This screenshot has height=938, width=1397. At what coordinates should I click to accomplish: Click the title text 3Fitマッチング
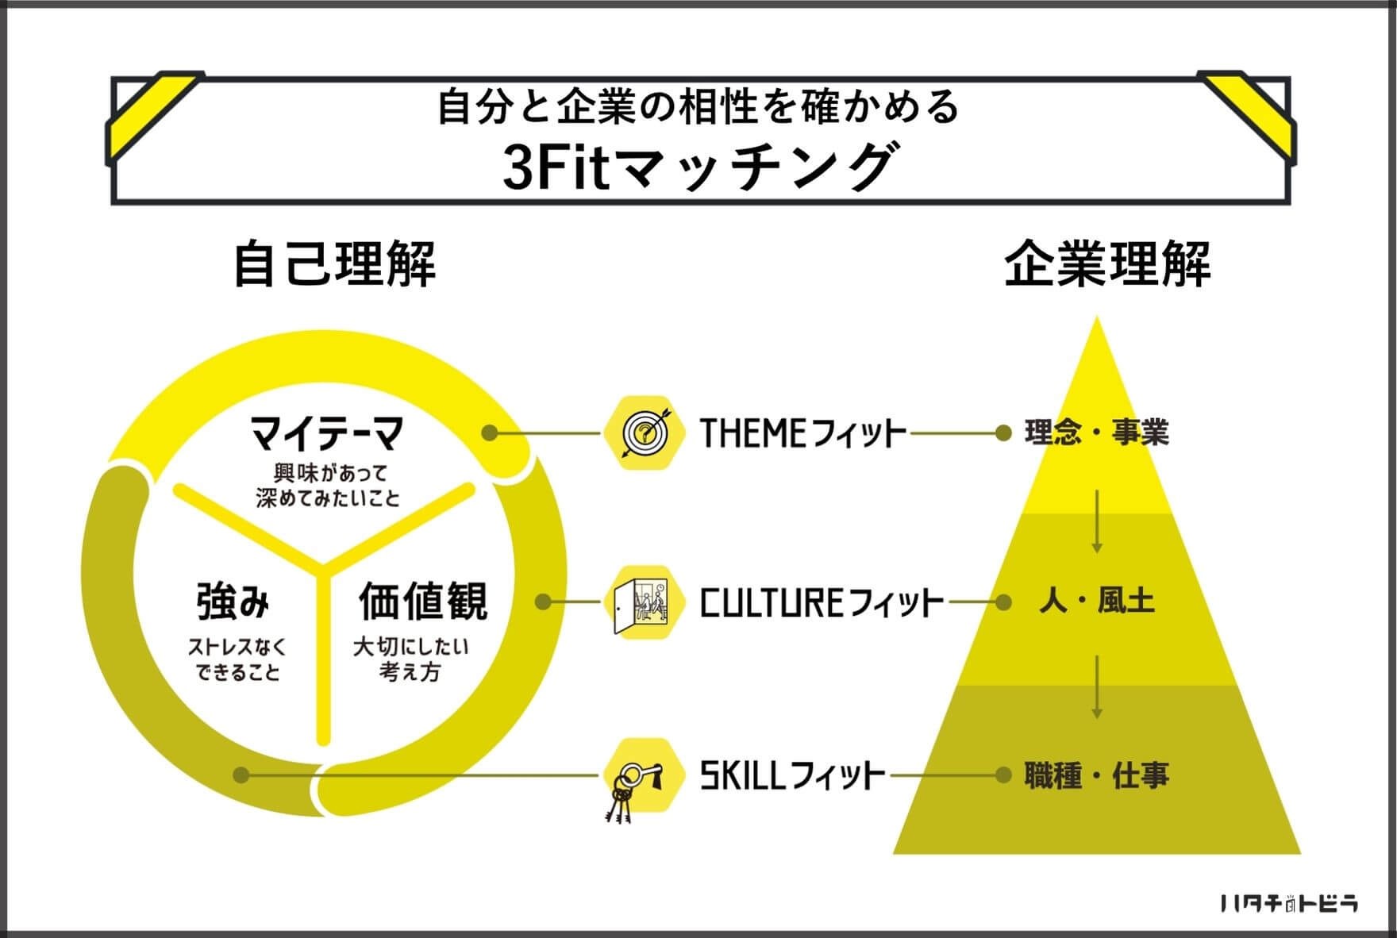698,167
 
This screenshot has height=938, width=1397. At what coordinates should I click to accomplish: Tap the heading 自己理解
334,263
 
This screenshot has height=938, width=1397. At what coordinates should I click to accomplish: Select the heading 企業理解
1107,263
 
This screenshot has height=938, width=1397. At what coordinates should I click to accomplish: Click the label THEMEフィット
802,433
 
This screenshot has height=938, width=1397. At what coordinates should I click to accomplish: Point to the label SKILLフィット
792,775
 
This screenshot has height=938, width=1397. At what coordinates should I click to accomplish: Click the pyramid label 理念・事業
1097,433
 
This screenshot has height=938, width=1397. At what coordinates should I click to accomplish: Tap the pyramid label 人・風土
1097,602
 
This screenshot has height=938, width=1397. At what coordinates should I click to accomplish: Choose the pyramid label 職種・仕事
1097,775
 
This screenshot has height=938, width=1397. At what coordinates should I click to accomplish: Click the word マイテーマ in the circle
326,433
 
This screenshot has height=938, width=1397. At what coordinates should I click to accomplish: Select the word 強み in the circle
233,601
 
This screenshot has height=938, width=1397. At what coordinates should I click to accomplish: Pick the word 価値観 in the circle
423,601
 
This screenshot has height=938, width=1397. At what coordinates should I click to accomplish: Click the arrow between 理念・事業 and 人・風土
1097,521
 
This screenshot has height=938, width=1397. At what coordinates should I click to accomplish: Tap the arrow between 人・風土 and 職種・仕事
1097,687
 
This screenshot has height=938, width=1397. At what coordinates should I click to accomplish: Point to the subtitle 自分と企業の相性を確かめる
698,107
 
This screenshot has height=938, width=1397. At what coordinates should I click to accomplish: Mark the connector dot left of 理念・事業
1003,433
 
